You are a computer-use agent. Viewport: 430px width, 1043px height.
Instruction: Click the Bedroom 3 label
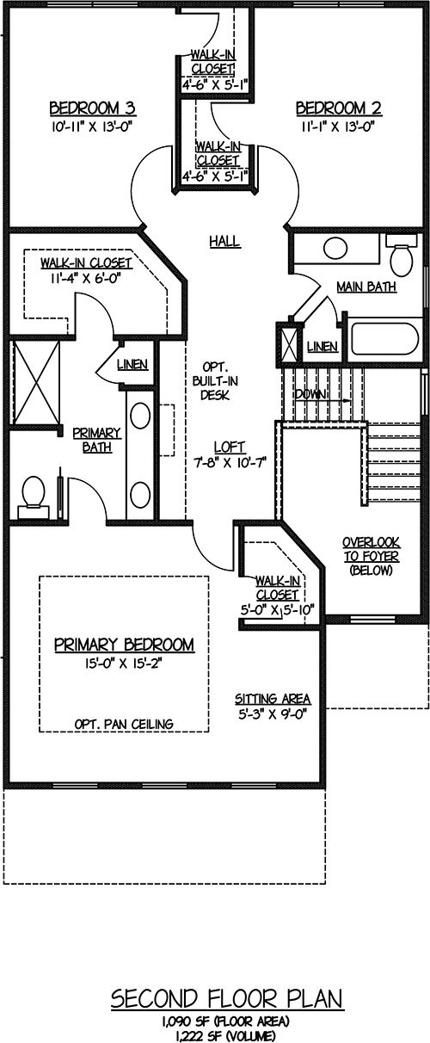click(92, 108)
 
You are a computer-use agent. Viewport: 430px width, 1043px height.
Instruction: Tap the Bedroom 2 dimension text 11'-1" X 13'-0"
click(338, 127)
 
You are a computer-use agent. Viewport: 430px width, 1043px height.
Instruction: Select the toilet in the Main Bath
click(401, 256)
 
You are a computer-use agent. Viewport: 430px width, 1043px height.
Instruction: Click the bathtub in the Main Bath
click(384, 338)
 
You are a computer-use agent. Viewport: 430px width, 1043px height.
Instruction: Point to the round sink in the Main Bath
click(335, 248)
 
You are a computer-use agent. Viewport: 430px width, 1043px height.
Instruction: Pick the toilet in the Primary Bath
click(33, 497)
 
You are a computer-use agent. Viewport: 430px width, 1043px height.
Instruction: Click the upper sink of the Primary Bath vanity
click(140, 416)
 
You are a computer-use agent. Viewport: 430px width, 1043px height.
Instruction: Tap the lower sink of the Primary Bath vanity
click(140, 495)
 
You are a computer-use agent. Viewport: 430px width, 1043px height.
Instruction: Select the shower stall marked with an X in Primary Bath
click(36, 383)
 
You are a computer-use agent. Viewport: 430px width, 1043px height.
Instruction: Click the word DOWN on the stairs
click(310, 394)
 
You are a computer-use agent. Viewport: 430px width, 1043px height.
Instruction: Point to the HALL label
click(224, 242)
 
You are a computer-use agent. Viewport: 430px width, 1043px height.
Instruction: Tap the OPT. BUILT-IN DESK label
click(214, 381)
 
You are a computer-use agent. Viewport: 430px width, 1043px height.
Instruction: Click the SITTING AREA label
click(273, 699)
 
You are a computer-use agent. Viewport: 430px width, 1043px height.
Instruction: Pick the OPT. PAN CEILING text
click(124, 724)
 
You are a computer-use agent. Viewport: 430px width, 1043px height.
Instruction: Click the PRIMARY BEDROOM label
click(124, 645)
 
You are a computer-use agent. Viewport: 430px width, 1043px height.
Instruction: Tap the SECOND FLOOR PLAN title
click(227, 999)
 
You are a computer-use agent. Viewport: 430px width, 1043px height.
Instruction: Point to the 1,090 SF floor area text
click(225, 1021)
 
